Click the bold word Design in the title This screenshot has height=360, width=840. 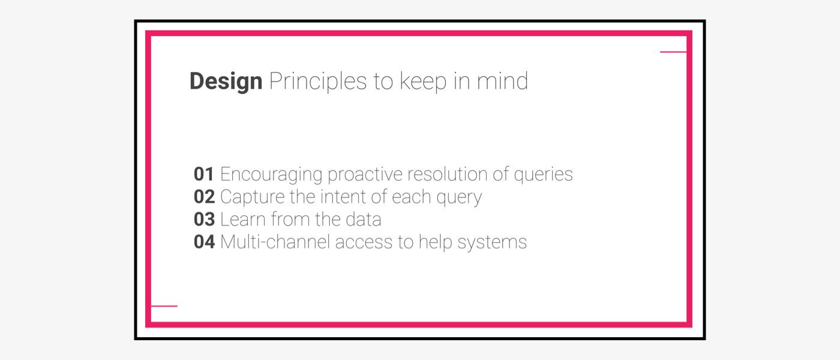click(x=226, y=82)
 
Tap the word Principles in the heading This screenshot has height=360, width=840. click(x=318, y=82)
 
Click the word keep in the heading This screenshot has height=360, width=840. click(x=423, y=82)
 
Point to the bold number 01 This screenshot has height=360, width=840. click(x=204, y=174)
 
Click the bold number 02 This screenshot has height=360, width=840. click(x=205, y=197)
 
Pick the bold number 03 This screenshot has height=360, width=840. click(x=205, y=220)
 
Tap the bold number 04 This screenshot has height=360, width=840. click(x=205, y=242)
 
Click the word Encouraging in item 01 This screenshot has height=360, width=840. click(x=271, y=175)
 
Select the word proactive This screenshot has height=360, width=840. click(x=365, y=175)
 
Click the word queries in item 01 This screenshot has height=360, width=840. click(x=543, y=175)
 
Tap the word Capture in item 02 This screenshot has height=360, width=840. click(x=253, y=197)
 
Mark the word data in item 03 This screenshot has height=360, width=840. click(x=364, y=220)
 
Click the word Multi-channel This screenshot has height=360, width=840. click(x=275, y=242)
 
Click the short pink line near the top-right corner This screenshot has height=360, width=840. click(x=673, y=52)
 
